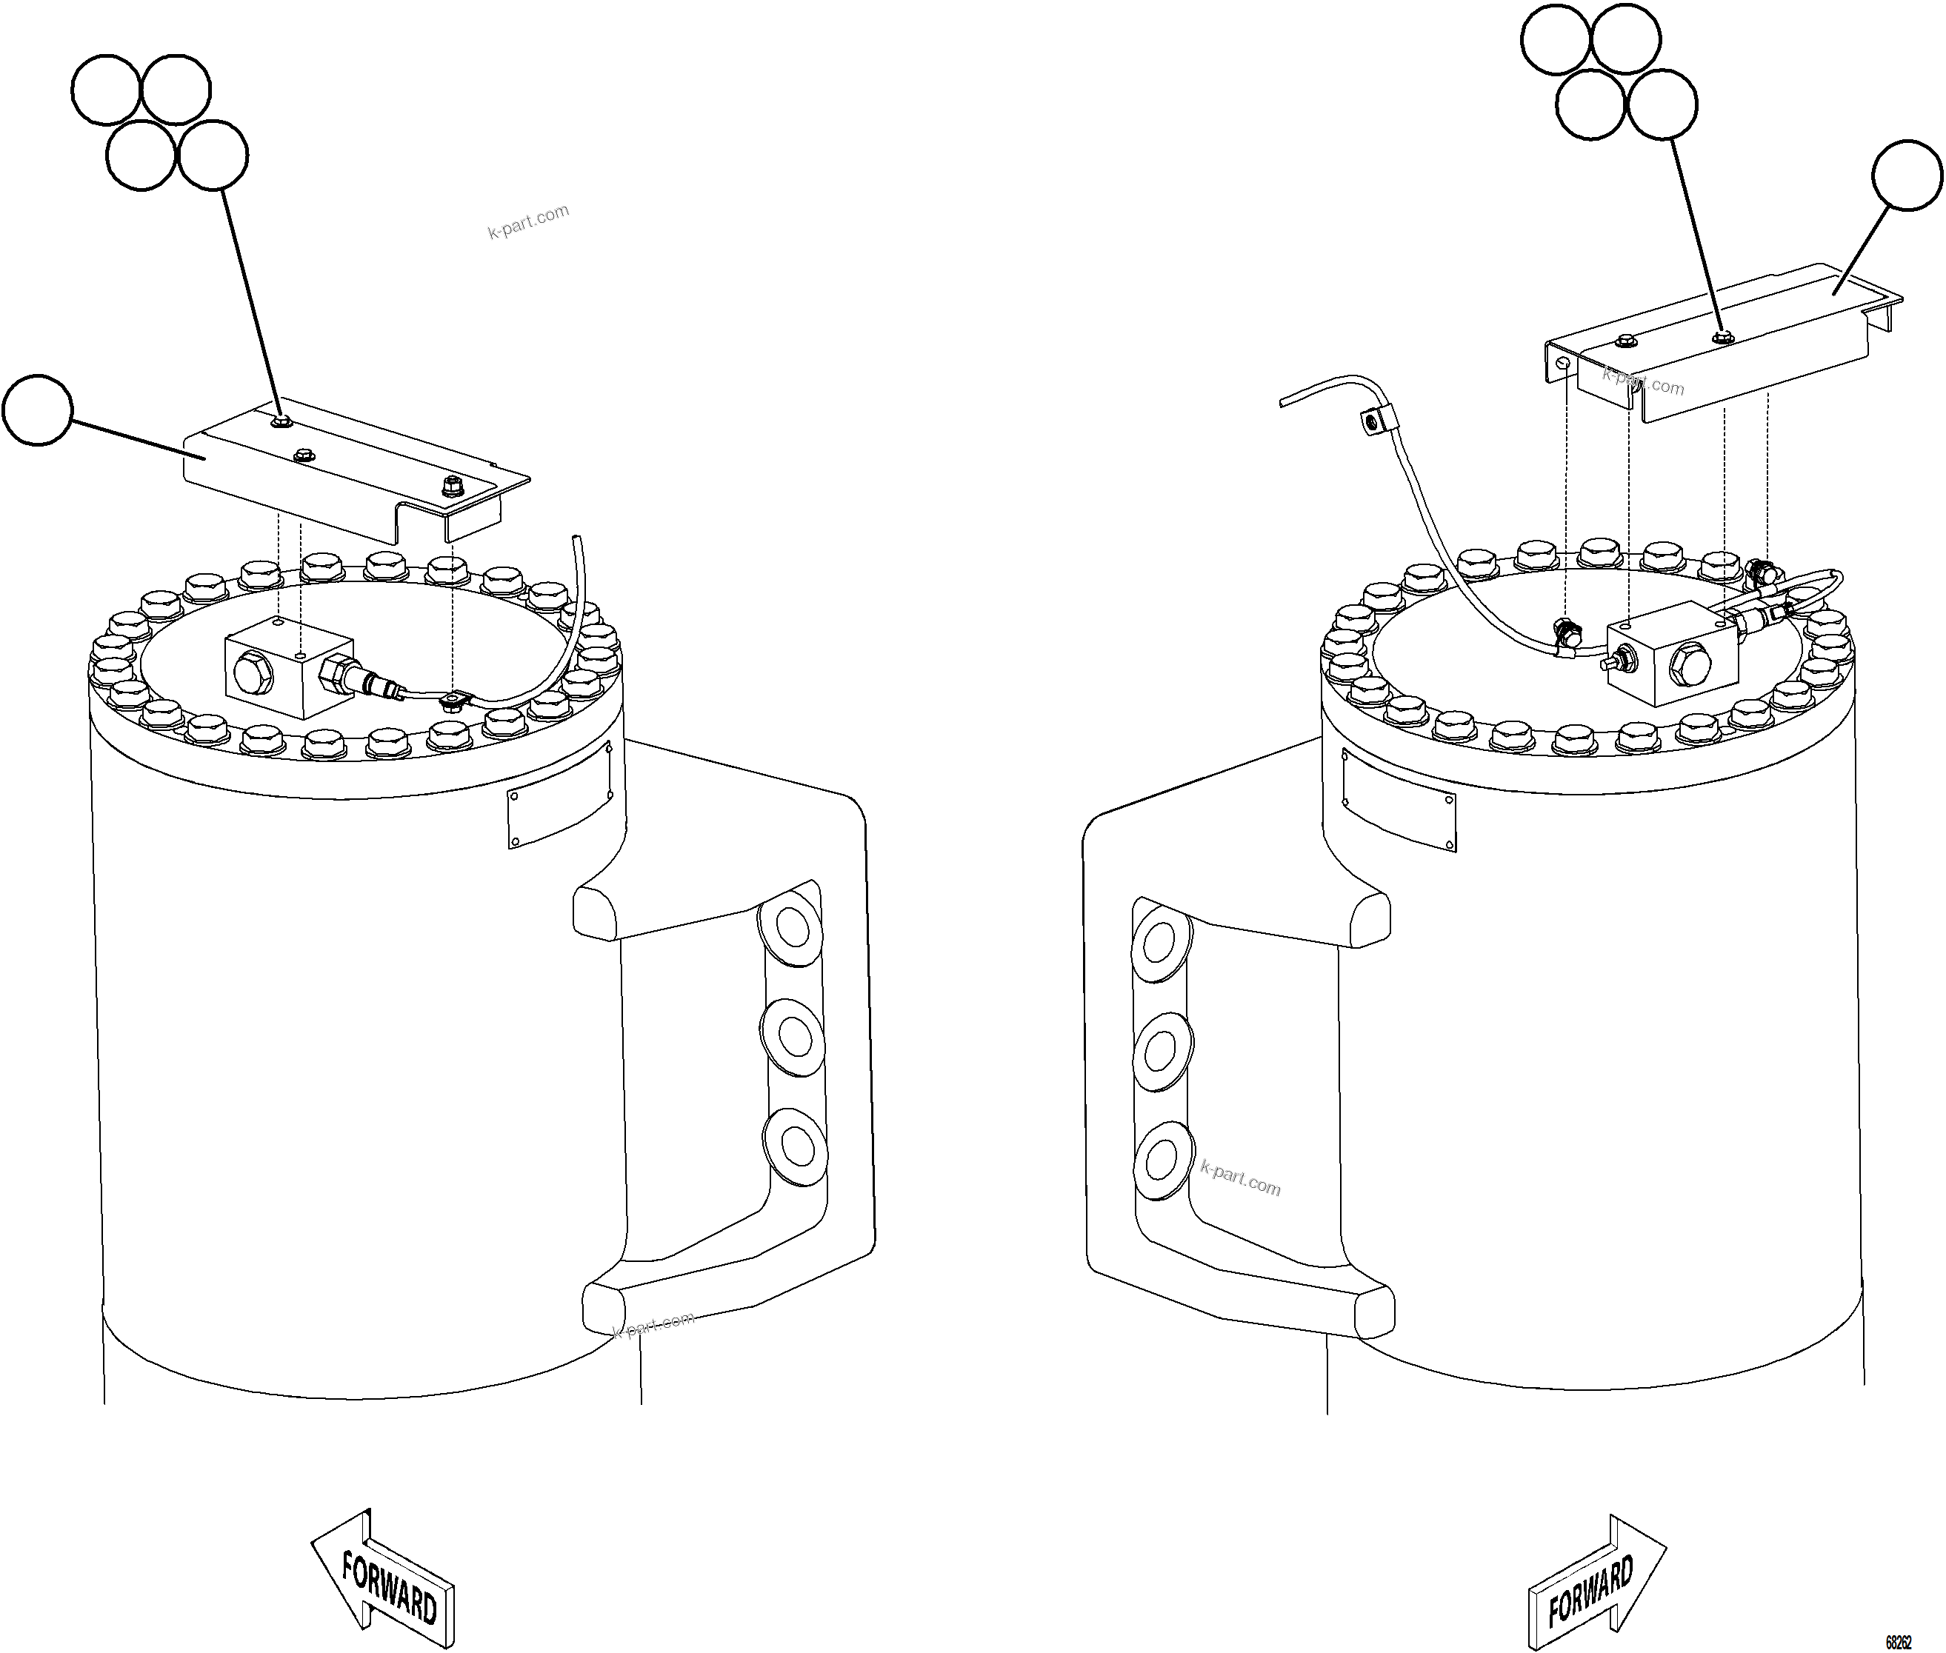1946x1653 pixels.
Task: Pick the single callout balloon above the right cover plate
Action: click(x=1907, y=176)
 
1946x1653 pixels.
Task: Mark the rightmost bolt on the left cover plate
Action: click(x=452, y=485)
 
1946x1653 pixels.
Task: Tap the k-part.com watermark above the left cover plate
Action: click(x=527, y=221)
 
